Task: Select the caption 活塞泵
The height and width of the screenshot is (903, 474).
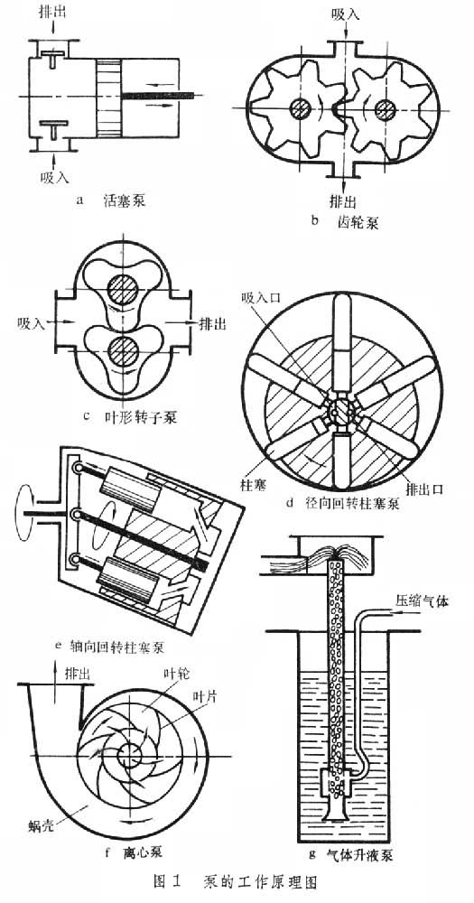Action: pyautogui.click(x=124, y=200)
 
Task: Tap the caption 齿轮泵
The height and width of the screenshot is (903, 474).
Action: pyautogui.click(x=358, y=221)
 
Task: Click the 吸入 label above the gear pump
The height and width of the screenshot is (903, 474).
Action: pyautogui.click(x=346, y=14)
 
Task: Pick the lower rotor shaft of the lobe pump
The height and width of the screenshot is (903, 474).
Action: pyautogui.click(x=122, y=351)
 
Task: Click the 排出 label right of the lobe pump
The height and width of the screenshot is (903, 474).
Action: pyautogui.click(x=212, y=323)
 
